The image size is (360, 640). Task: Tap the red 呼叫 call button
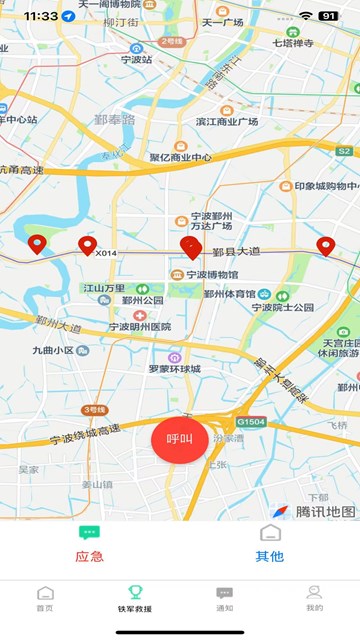pyautogui.click(x=179, y=439)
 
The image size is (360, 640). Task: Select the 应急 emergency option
pyautogui.click(x=89, y=545)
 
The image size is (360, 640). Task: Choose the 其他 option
pyautogui.click(x=270, y=545)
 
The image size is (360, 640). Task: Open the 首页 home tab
pyautogui.click(x=45, y=598)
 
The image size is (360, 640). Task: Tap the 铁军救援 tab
pyautogui.click(x=135, y=598)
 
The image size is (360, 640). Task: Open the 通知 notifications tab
pyautogui.click(x=225, y=598)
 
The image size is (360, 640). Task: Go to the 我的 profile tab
pyautogui.click(x=314, y=598)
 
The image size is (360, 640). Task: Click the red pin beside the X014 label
pyautogui.click(x=87, y=246)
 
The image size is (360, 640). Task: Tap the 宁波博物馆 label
pyautogui.click(x=211, y=275)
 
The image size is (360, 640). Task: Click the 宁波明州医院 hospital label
pyautogui.click(x=139, y=327)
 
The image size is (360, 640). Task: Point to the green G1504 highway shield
pyautogui.click(x=251, y=421)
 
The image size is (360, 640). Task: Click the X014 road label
pyautogui.click(x=106, y=253)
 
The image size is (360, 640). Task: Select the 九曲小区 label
pyautogui.click(x=53, y=350)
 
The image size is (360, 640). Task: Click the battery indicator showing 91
pyautogui.click(x=328, y=16)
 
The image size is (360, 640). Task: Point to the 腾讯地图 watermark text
pyautogui.click(x=325, y=511)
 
